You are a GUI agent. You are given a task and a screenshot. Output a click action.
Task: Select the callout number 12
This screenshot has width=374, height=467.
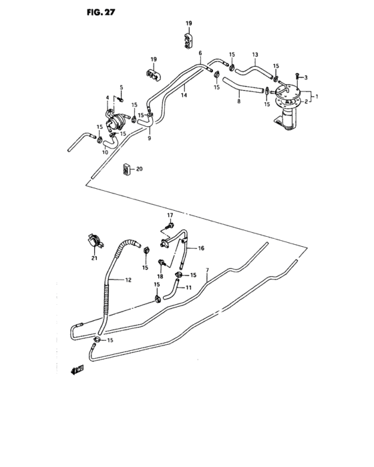(x=127, y=281)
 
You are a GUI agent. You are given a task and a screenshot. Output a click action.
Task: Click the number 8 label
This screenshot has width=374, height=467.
(x=238, y=102)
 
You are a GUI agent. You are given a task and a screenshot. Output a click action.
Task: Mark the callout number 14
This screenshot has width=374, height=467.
(x=183, y=95)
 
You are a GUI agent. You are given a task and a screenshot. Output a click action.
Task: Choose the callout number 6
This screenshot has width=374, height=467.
(x=200, y=53)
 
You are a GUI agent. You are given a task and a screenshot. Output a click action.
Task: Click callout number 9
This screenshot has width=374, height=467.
(x=149, y=138)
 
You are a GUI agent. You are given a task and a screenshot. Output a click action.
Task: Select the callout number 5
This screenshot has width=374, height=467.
(x=122, y=87)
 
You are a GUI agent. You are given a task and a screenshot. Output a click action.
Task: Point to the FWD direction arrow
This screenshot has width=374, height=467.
(x=77, y=369)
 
